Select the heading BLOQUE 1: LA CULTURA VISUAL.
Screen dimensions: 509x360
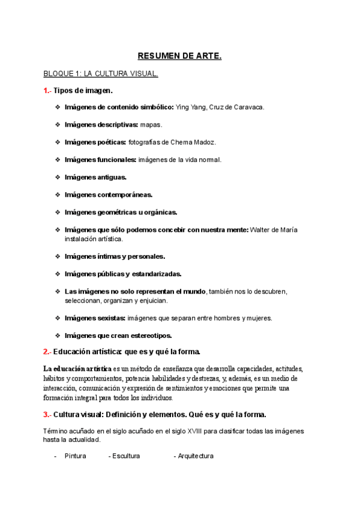[x=101, y=74]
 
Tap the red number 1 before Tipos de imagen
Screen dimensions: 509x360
[x=46, y=91]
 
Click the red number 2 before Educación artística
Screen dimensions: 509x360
[x=46, y=351]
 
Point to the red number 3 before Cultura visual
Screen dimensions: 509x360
[x=46, y=414]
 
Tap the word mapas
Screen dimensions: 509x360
[x=151, y=125]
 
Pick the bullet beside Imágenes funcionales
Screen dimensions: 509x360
[x=58, y=160]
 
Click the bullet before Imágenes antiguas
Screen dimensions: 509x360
[x=58, y=177]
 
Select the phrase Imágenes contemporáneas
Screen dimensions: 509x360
[x=109, y=194]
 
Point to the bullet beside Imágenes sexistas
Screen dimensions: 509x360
[x=58, y=318]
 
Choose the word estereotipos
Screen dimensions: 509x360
[x=150, y=336]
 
